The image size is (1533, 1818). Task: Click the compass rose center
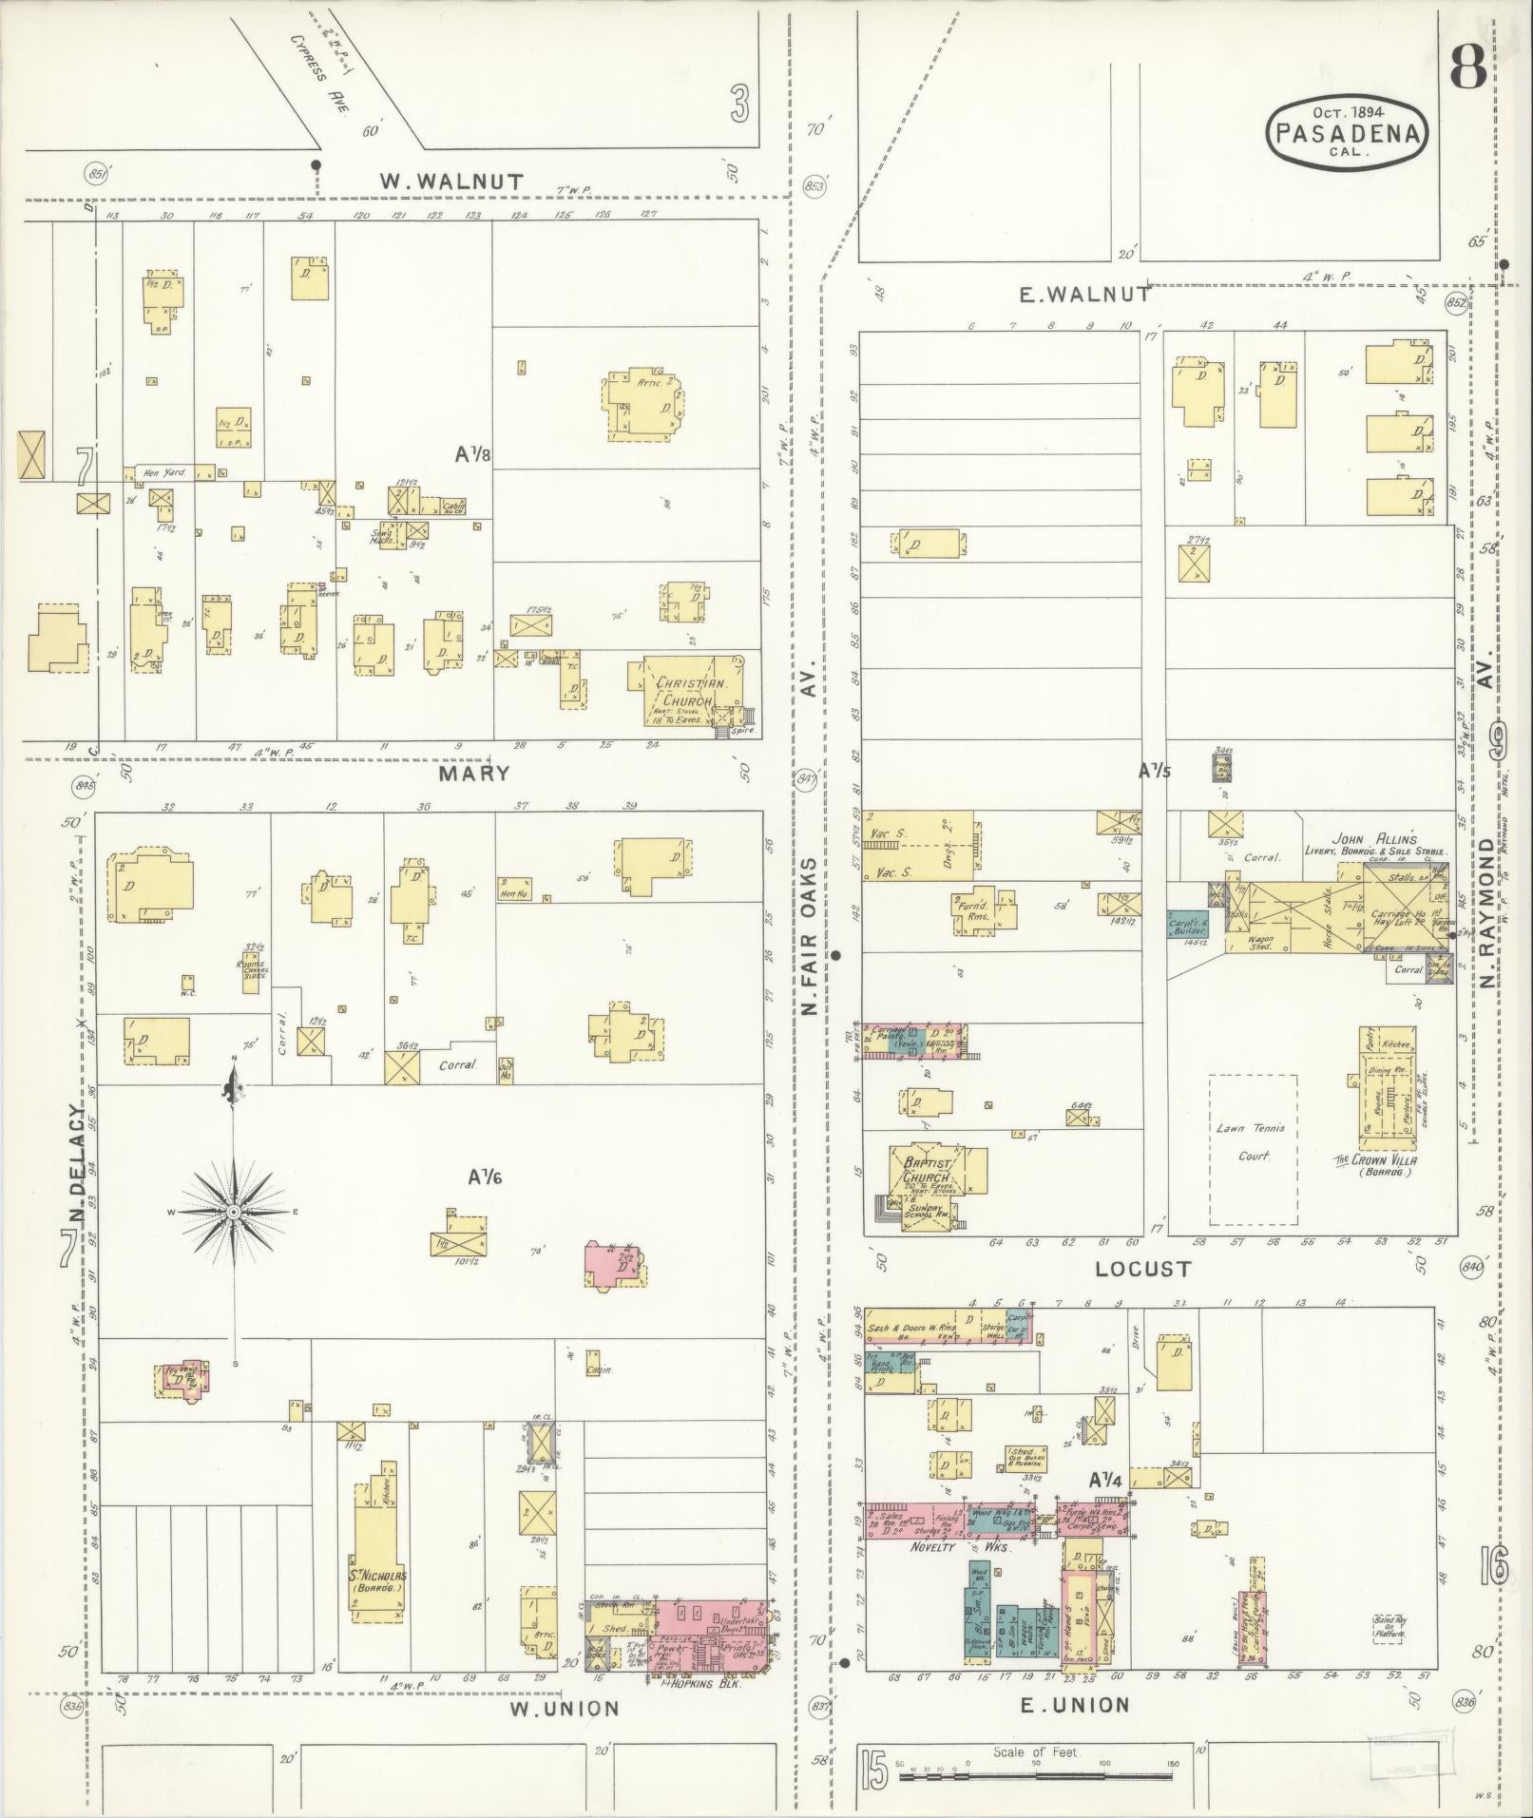pos(233,1213)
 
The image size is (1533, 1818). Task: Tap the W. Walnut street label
pos(451,181)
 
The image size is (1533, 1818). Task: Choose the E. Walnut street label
pos(1083,295)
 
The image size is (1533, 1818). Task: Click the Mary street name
pos(474,773)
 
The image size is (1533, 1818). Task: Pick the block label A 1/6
pos(484,1177)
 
